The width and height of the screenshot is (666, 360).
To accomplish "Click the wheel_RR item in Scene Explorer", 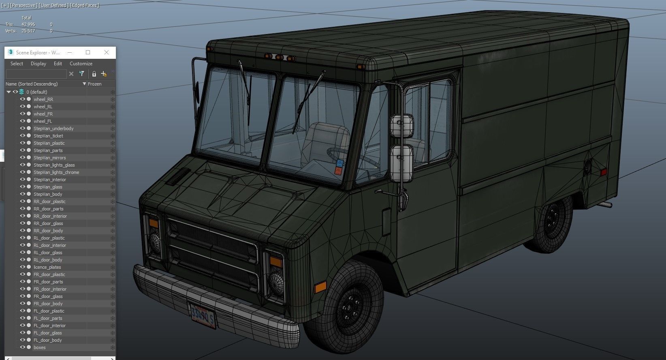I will coord(43,99).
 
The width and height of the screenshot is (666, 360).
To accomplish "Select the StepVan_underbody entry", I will coord(53,129).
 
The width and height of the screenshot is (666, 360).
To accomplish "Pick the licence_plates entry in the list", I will coord(47,267).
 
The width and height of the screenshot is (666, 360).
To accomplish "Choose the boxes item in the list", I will coord(39,347).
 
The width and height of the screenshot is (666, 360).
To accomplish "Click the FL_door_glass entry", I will coord(47,333).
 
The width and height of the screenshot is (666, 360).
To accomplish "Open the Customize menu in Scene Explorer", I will coord(81,64).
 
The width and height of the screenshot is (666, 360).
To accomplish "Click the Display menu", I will coord(38,64).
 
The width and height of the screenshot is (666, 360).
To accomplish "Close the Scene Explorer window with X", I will coord(107,52).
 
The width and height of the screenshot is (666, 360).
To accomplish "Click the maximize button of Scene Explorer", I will coord(88,52).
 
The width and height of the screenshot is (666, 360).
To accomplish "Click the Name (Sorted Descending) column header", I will coord(32,84).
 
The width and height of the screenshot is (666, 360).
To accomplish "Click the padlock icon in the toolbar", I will coord(94,74).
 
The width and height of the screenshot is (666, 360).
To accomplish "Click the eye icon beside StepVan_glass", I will coord(23,187).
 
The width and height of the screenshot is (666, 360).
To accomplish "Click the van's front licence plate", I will coord(203,316).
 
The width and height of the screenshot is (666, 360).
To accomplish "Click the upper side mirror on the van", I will coord(401,126).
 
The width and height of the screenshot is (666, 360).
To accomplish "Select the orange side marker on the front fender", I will coord(320,287).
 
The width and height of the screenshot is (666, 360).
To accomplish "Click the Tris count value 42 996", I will coord(28,24).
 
